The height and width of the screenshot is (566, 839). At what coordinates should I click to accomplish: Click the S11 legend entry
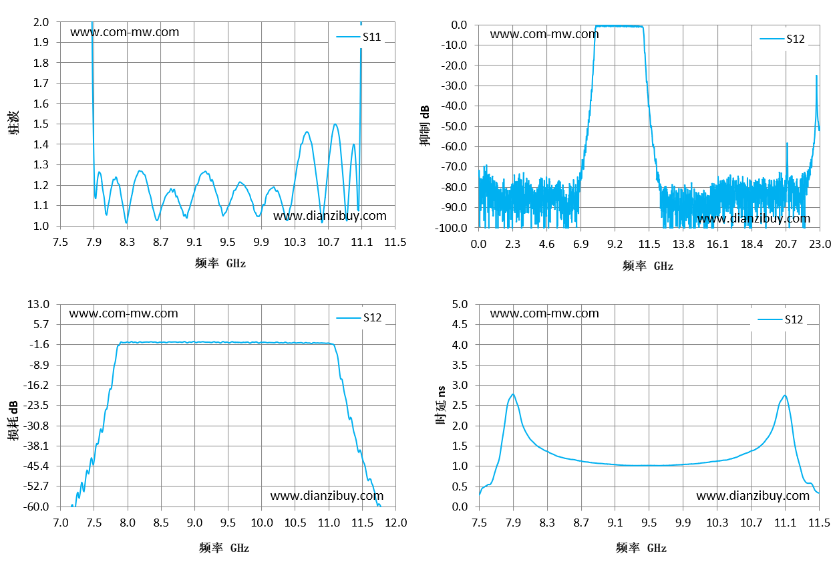[x=359, y=37]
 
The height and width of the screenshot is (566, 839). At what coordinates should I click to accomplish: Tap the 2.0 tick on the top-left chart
[x=41, y=22]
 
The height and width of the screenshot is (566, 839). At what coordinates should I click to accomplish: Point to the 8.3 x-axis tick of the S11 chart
[x=127, y=242]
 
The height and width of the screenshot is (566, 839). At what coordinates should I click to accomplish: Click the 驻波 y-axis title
[x=13, y=122]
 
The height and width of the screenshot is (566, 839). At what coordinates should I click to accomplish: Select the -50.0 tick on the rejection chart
[x=454, y=126]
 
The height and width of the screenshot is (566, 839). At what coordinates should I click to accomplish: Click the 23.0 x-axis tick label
[x=820, y=244]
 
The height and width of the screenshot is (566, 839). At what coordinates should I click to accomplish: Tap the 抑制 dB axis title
[x=424, y=126]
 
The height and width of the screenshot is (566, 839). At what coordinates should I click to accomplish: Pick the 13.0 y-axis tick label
[x=38, y=304]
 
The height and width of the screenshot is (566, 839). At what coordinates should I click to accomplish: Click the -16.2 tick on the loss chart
[x=36, y=385]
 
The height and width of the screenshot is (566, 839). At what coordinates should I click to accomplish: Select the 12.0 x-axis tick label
[x=396, y=523]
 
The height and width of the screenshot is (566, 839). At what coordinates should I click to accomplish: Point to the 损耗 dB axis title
[x=13, y=420]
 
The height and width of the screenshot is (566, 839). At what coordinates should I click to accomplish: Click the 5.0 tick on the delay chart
[x=460, y=304]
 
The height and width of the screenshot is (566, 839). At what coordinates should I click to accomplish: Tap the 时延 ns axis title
[x=441, y=406]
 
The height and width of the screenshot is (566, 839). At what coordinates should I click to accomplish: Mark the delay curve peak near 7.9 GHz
[x=513, y=394]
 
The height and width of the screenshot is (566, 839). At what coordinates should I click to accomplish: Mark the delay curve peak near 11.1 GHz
[x=785, y=395]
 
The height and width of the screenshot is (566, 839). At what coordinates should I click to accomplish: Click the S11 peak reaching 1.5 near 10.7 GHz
[x=335, y=124]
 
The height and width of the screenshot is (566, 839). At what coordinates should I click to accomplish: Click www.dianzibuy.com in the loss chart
[x=327, y=496]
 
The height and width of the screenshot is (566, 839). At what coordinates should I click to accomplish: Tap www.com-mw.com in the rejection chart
[x=544, y=34]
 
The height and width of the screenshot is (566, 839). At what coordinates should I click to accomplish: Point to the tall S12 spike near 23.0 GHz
[x=816, y=76]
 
